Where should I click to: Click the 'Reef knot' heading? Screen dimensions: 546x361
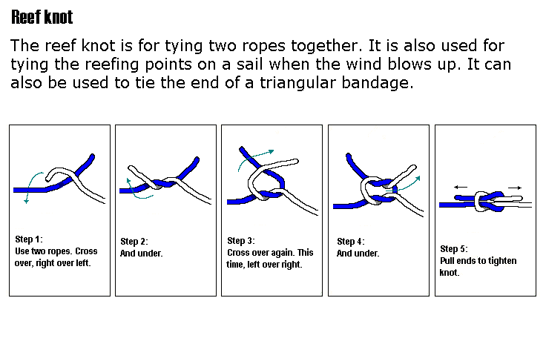point(42,17)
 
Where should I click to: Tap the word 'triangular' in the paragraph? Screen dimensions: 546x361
point(297,83)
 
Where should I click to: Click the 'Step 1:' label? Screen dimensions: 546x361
point(29,239)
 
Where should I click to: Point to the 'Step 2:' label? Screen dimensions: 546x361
point(134,242)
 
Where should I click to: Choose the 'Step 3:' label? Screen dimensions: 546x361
point(241,241)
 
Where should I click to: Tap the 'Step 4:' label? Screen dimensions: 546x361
point(351,242)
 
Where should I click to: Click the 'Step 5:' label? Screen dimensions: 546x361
point(454,248)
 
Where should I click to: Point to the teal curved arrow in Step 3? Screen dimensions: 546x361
point(251,156)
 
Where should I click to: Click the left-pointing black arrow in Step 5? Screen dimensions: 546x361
point(461,188)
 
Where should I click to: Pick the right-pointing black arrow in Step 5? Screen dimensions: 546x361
point(515,188)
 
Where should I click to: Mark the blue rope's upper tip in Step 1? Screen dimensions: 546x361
point(93,156)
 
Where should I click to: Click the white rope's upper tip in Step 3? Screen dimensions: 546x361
point(296,161)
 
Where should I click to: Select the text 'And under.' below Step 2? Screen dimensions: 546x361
point(142,254)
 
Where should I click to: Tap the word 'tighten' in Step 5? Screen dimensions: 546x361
point(502,261)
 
